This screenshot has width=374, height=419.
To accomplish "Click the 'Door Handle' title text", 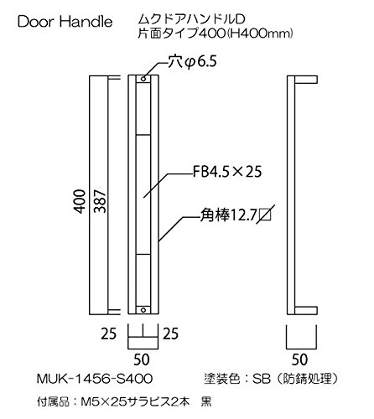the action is [65, 22].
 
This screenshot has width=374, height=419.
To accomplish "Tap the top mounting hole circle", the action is [143, 79].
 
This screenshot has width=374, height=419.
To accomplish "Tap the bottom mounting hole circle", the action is [143, 310].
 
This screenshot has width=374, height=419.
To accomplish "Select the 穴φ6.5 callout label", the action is [192, 62].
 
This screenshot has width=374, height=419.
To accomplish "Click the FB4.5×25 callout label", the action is [227, 172].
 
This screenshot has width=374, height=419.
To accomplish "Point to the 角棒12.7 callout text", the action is [228, 215].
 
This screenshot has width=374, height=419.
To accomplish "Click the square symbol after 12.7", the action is [265, 215].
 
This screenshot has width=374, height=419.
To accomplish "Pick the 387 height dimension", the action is [100, 201].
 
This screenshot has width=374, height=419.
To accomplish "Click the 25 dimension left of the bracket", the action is [109, 334].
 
